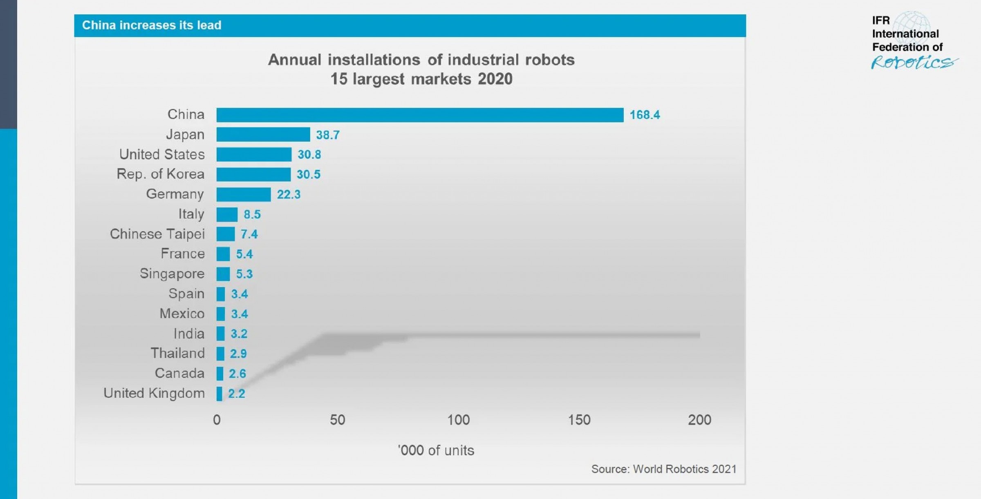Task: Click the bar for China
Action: (x=420, y=115)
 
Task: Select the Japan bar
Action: (x=263, y=134)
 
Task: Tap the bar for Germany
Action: (x=244, y=194)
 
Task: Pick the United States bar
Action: (x=254, y=154)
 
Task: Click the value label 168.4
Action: (x=645, y=115)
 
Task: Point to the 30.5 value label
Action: (x=309, y=174)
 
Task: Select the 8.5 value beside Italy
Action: (x=252, y=214)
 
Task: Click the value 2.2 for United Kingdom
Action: (x=237, y=394)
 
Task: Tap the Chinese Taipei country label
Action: (x=157, y=234)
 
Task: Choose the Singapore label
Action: (x=172, y=274)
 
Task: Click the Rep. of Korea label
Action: (x=161, y=174)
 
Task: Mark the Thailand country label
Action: (x=178, y=353)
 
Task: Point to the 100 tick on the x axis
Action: (x=458, y=420)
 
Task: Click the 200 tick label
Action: (x=699, y=420)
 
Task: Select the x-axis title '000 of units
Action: (x=436, y=450)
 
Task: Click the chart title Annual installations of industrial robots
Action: (x=421, y=60)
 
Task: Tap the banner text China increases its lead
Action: (x=152, y=25)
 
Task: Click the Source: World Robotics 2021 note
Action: (x=664, y=469)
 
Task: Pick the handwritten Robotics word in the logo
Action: (x=914, y=62)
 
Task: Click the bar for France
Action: (x=223, y=254)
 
